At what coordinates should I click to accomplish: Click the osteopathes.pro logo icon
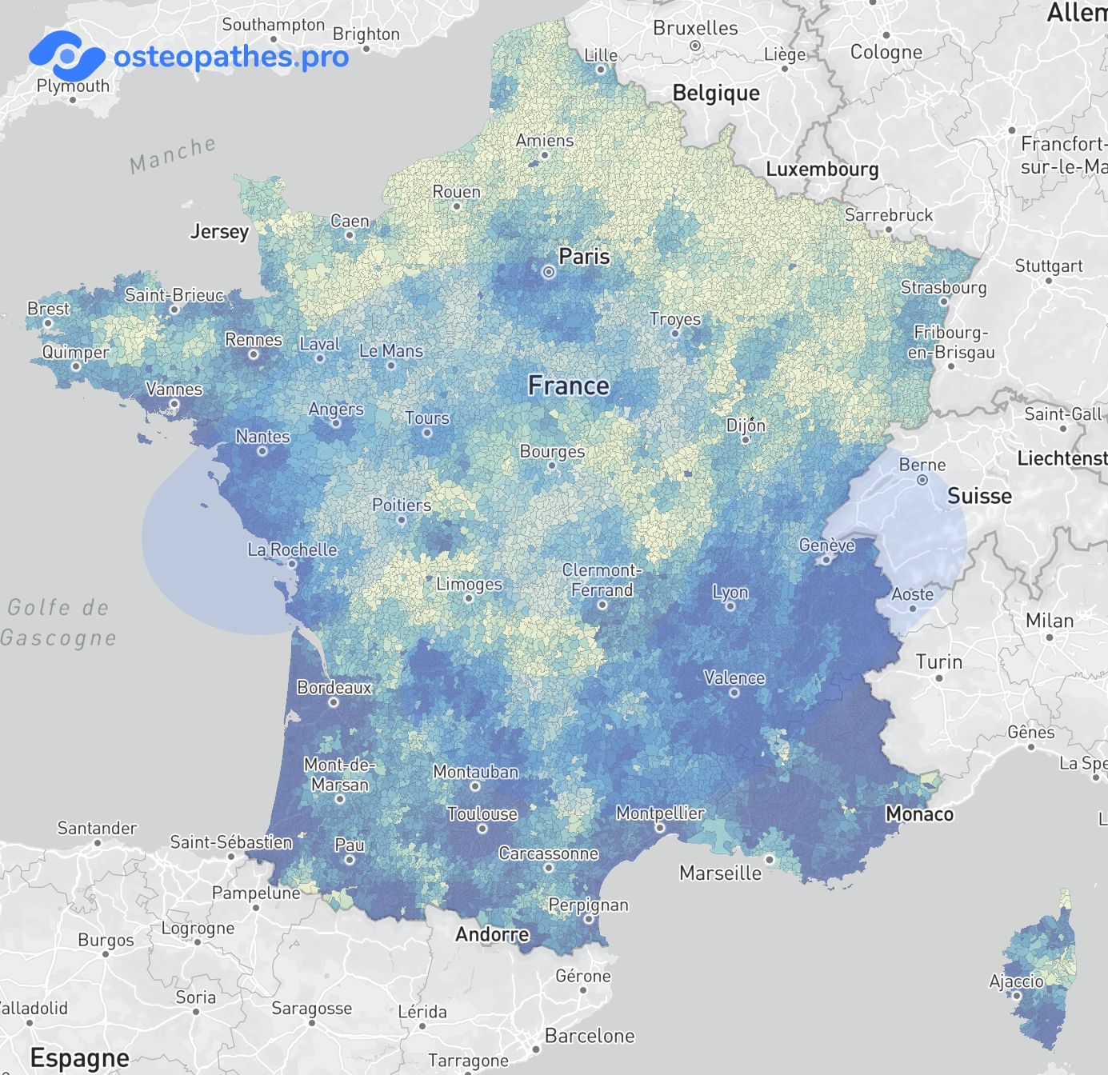point(66,55)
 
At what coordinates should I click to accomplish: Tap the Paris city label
point(584,257)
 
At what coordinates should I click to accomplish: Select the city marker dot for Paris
point(549,272)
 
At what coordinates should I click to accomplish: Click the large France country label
point(569,386)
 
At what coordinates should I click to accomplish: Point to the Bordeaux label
point(334,688)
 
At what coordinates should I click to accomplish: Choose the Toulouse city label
point(482,814)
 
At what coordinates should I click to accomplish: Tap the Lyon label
point(730,593)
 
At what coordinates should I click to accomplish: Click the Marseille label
point(720,873)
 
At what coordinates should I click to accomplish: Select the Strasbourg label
point(943,287)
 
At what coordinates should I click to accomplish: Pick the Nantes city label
point(262,437)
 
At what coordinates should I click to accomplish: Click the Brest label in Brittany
point(49,309)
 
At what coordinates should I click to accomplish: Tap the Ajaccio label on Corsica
point(1016,981)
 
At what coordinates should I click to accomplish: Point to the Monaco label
point(919,814)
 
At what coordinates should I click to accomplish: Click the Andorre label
point(492,934)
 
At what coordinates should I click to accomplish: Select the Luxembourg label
point(822,170)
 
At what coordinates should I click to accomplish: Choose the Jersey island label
point(219,232)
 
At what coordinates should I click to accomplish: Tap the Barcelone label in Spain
point(590,1036)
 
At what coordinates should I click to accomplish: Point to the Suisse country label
point(979,496)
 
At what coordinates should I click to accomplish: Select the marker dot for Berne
point(922,480)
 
